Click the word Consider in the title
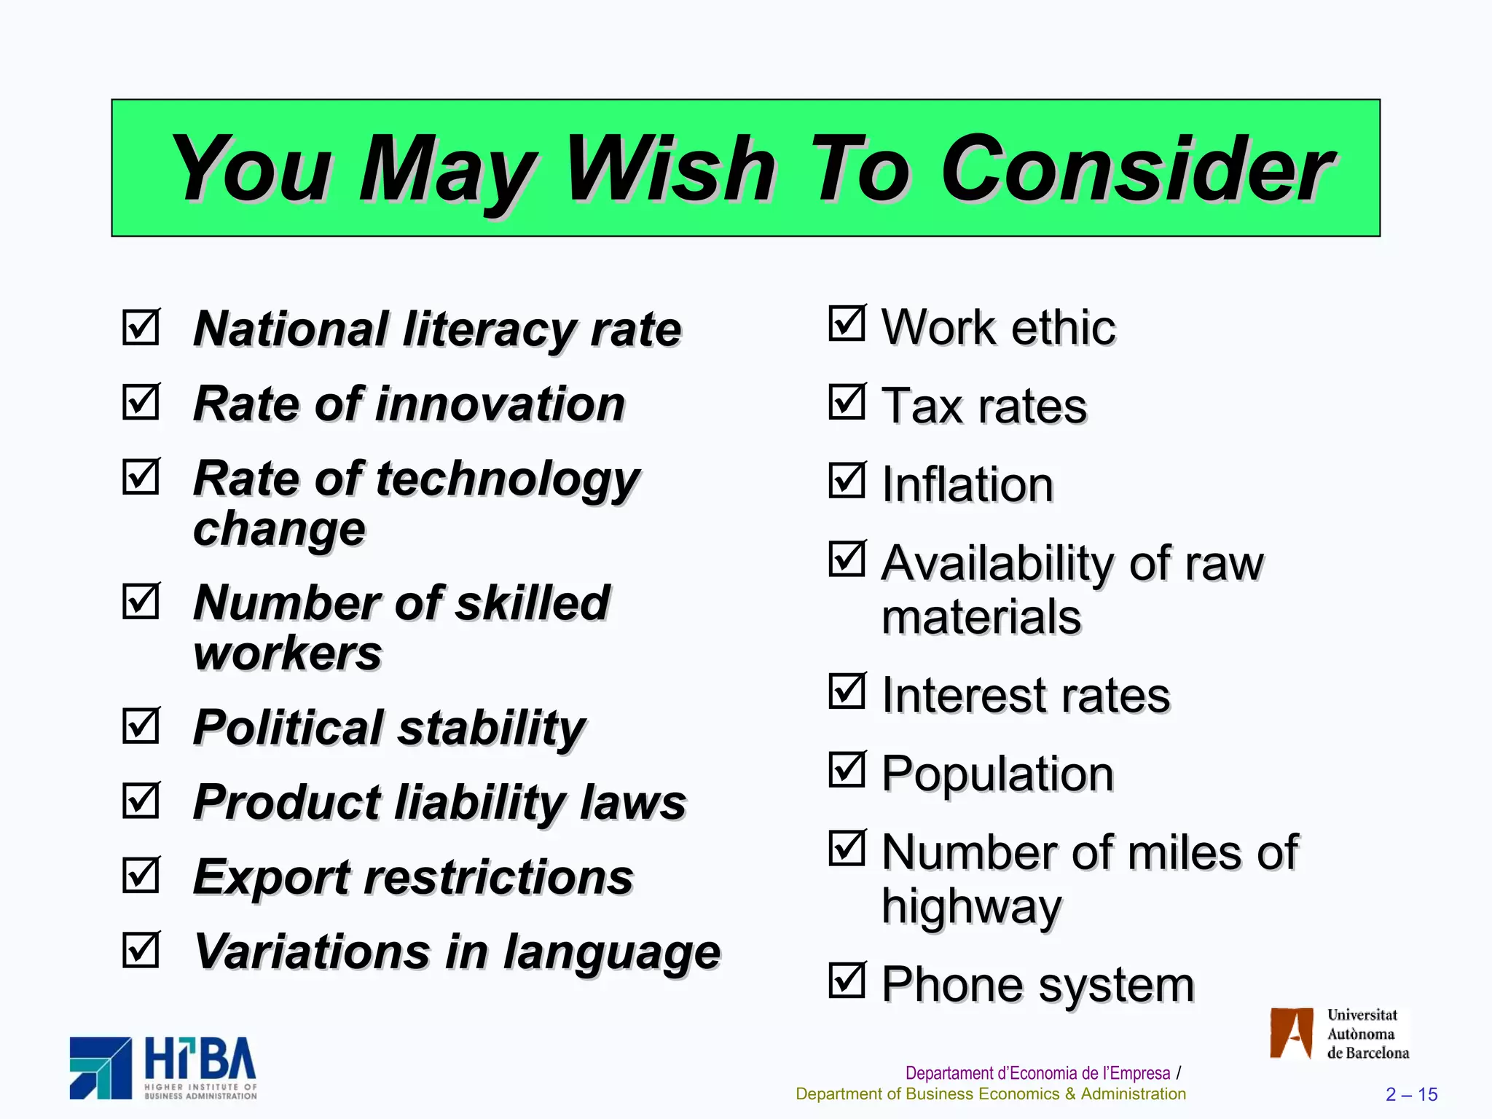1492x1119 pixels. pos(1136,169)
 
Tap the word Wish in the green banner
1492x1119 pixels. pos(670,169)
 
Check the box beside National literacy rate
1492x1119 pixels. pos(141,328)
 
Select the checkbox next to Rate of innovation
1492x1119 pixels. pos(141,402)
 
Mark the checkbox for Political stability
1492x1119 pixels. pos(141,726)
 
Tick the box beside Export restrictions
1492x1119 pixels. pos(141,875)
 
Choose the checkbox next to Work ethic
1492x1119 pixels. pos(847,323)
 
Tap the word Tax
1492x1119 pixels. pos(922,405)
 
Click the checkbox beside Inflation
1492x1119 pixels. pos(847,481)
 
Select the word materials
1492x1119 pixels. pos(981,617)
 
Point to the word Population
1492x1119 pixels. pos(997,774)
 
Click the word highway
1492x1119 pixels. pos(971,907)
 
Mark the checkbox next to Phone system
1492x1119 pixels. pos(847,981)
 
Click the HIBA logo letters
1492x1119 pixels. pos(200,1060)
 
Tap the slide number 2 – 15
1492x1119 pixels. pos(1411,1094)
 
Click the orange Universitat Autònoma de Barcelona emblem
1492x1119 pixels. pos(1291,1033)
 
